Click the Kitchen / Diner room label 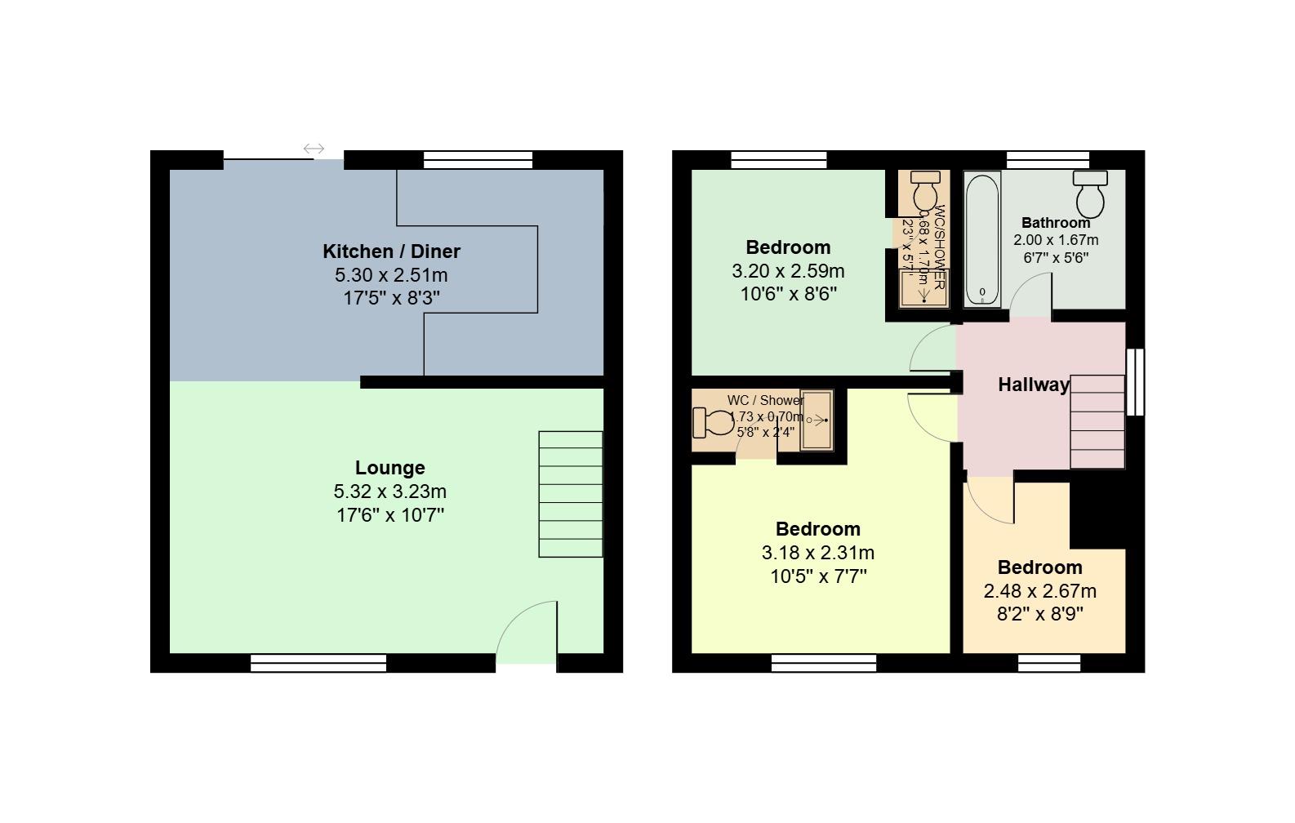(391, 251)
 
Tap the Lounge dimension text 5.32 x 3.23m (390, 492)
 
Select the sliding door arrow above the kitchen (314, 149)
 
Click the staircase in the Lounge (570, 494)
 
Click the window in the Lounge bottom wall (318, 663)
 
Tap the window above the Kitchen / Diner (478, 160)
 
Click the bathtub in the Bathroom (981, 238)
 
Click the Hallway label (1034, 385)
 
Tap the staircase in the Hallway (1097, 421)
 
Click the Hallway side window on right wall (1135, 381)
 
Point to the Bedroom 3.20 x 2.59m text (788, 271)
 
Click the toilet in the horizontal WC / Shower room (713, 422)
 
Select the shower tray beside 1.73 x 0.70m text (816, 420)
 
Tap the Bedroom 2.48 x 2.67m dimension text (1040, 591)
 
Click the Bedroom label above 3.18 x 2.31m (817, 529)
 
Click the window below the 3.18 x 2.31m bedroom (823, 663)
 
